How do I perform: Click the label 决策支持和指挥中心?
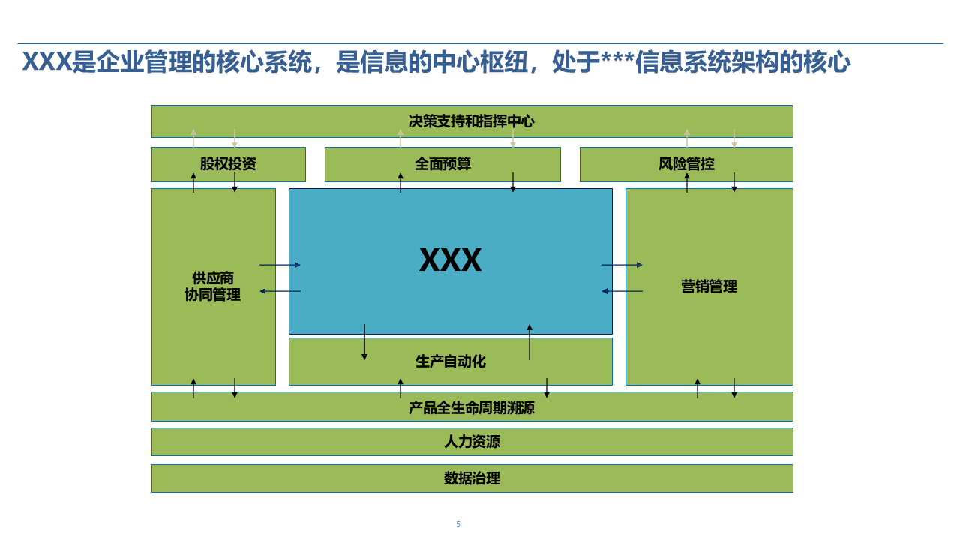tap(471, 121)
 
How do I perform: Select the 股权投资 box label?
tap(228, 164)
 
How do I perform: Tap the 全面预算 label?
tap(442, 164)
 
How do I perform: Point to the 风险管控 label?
tap(686, 164)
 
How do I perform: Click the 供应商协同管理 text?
tap(213, 286)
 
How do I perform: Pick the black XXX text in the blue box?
tap(450, 260)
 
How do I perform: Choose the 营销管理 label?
tap(709, 286)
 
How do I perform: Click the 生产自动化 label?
tap(450, 361)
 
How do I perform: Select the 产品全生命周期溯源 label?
tap(471, 408)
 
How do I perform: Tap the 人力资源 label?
tap(472, 442)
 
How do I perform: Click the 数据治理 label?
tap(472, 478)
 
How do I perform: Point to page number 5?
tap(458, 524)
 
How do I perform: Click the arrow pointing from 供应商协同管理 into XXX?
tap(280, 265)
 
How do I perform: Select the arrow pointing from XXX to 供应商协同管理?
tap(280, 291)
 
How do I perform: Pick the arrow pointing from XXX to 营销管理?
tap(622, 265)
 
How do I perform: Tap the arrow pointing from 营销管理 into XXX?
tap(622, 291)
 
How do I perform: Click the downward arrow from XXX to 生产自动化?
tap(364, 342)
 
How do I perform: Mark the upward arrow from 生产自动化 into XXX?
tap(529, 342)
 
